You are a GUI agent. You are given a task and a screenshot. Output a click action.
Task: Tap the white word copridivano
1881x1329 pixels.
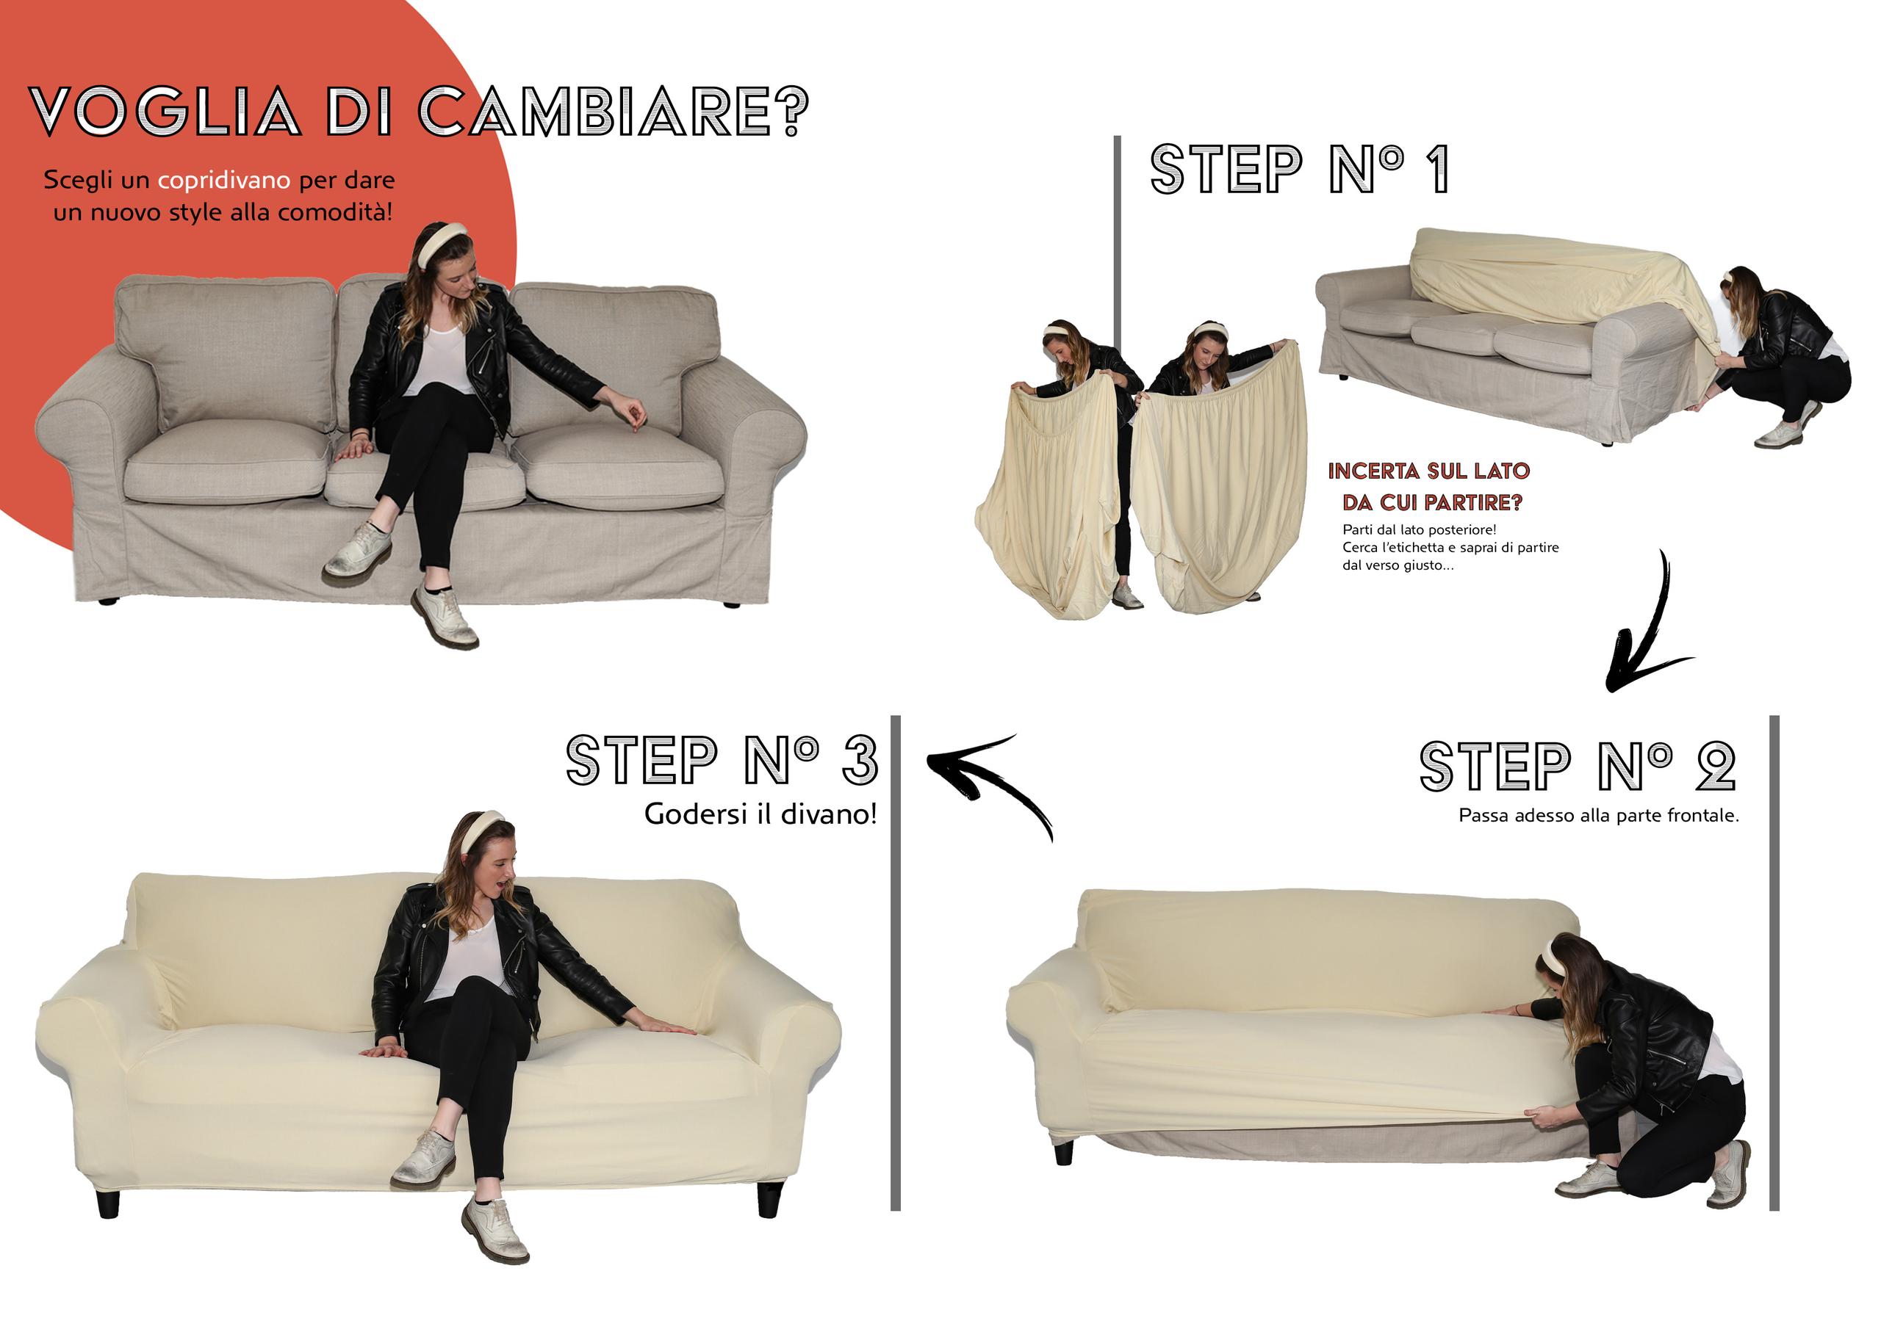[x=223, y=180]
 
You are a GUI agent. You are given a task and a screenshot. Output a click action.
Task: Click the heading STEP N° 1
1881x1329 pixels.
[x=1300, y=170]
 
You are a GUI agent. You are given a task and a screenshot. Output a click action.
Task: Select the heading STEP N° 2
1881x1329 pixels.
[x=1577, y=767]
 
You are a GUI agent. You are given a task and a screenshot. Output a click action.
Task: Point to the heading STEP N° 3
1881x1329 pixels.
[x=722, y=761]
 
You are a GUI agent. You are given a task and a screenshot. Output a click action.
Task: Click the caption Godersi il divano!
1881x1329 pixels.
[x=760, y=814]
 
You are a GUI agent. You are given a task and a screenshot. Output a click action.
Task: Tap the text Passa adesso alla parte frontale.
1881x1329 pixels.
[x=1598, y=816]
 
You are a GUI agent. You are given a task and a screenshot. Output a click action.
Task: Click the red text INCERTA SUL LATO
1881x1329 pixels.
[x=1429, y=471]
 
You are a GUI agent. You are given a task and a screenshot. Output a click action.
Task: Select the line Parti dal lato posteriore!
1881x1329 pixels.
[x=1419, y=530]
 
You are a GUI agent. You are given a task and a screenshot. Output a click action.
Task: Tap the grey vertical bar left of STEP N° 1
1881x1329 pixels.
[x=1118, y=246]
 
